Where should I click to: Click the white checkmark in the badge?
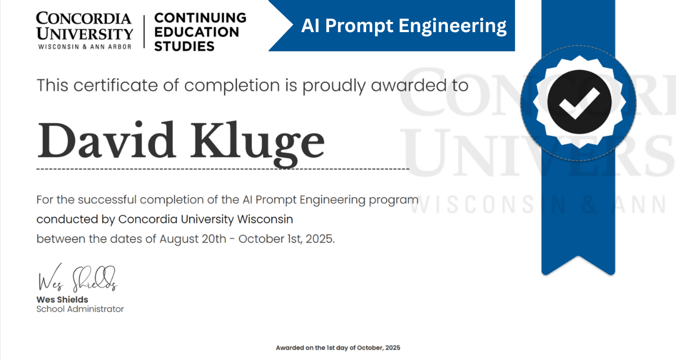coord(579,103)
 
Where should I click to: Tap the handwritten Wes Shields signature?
coord(78,278)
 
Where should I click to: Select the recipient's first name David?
coord(106,140)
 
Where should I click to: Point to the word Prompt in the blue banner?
coord(359,26)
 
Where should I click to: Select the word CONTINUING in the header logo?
coord(200,17)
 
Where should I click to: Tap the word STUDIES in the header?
coord(184,46)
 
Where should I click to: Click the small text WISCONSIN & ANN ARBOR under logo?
coord(85,47)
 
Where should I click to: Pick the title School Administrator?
coord(80,309)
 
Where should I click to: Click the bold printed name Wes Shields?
coord(62,299)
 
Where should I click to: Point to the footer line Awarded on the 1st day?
coord(338,348)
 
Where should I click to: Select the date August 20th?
coord(193,239)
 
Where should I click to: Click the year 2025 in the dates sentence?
coord(320,239)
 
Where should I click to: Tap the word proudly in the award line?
coord(334,86)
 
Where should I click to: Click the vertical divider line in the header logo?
coord(144,32)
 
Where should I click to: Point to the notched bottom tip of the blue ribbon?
coord(578,257)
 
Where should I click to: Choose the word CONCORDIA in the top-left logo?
coord(83,18)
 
